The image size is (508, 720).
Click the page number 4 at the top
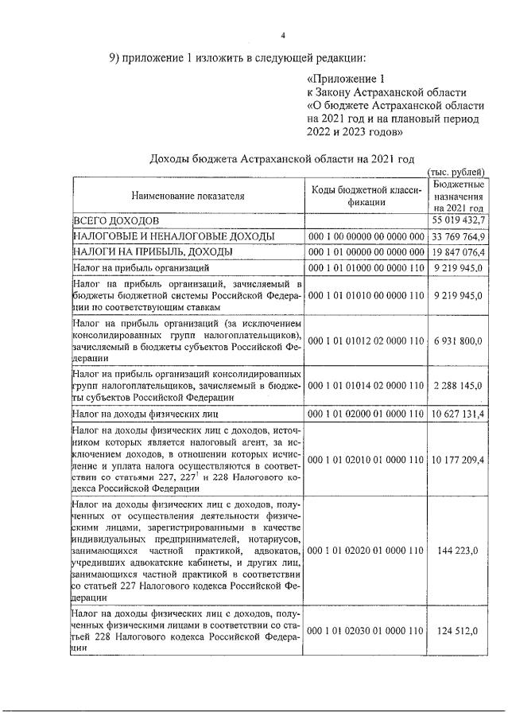(281, 33)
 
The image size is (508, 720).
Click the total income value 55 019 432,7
(460, 220)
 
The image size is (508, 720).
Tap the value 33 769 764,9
(460, 236)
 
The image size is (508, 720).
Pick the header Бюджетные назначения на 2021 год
(460, 195)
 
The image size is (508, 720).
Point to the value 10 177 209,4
(460, 460)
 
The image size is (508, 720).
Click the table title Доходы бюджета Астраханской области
(282, 159)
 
